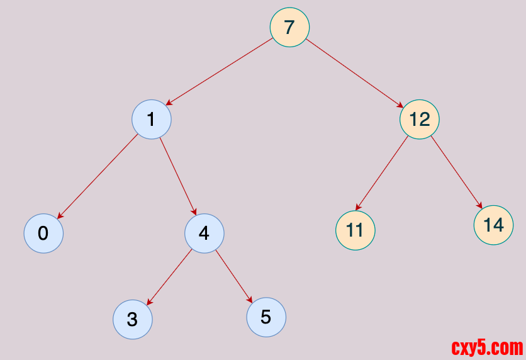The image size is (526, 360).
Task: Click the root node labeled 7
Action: tap(289, 27)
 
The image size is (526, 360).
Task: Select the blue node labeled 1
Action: tap(152, 119)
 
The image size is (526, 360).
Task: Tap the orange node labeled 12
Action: tap(419, 119)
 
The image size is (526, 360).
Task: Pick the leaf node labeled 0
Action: tap(43, 233)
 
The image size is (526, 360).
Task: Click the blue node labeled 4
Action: tap(204, 233)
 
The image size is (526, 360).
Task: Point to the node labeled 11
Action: tap(355, 230)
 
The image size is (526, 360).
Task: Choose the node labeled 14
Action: tap(493, 225)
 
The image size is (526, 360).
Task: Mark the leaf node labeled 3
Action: tap(132, 319)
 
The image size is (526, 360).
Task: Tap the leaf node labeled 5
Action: tap(266, 317)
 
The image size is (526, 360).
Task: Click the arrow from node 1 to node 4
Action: tap(178, 176)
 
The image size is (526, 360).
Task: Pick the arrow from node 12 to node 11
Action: tap(382, 173)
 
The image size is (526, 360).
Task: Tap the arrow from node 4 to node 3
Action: tap(169, 278)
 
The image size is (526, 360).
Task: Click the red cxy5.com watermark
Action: tap(487, 347)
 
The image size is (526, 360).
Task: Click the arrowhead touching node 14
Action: tap(480, 206)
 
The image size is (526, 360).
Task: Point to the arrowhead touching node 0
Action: tap(60, 216)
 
